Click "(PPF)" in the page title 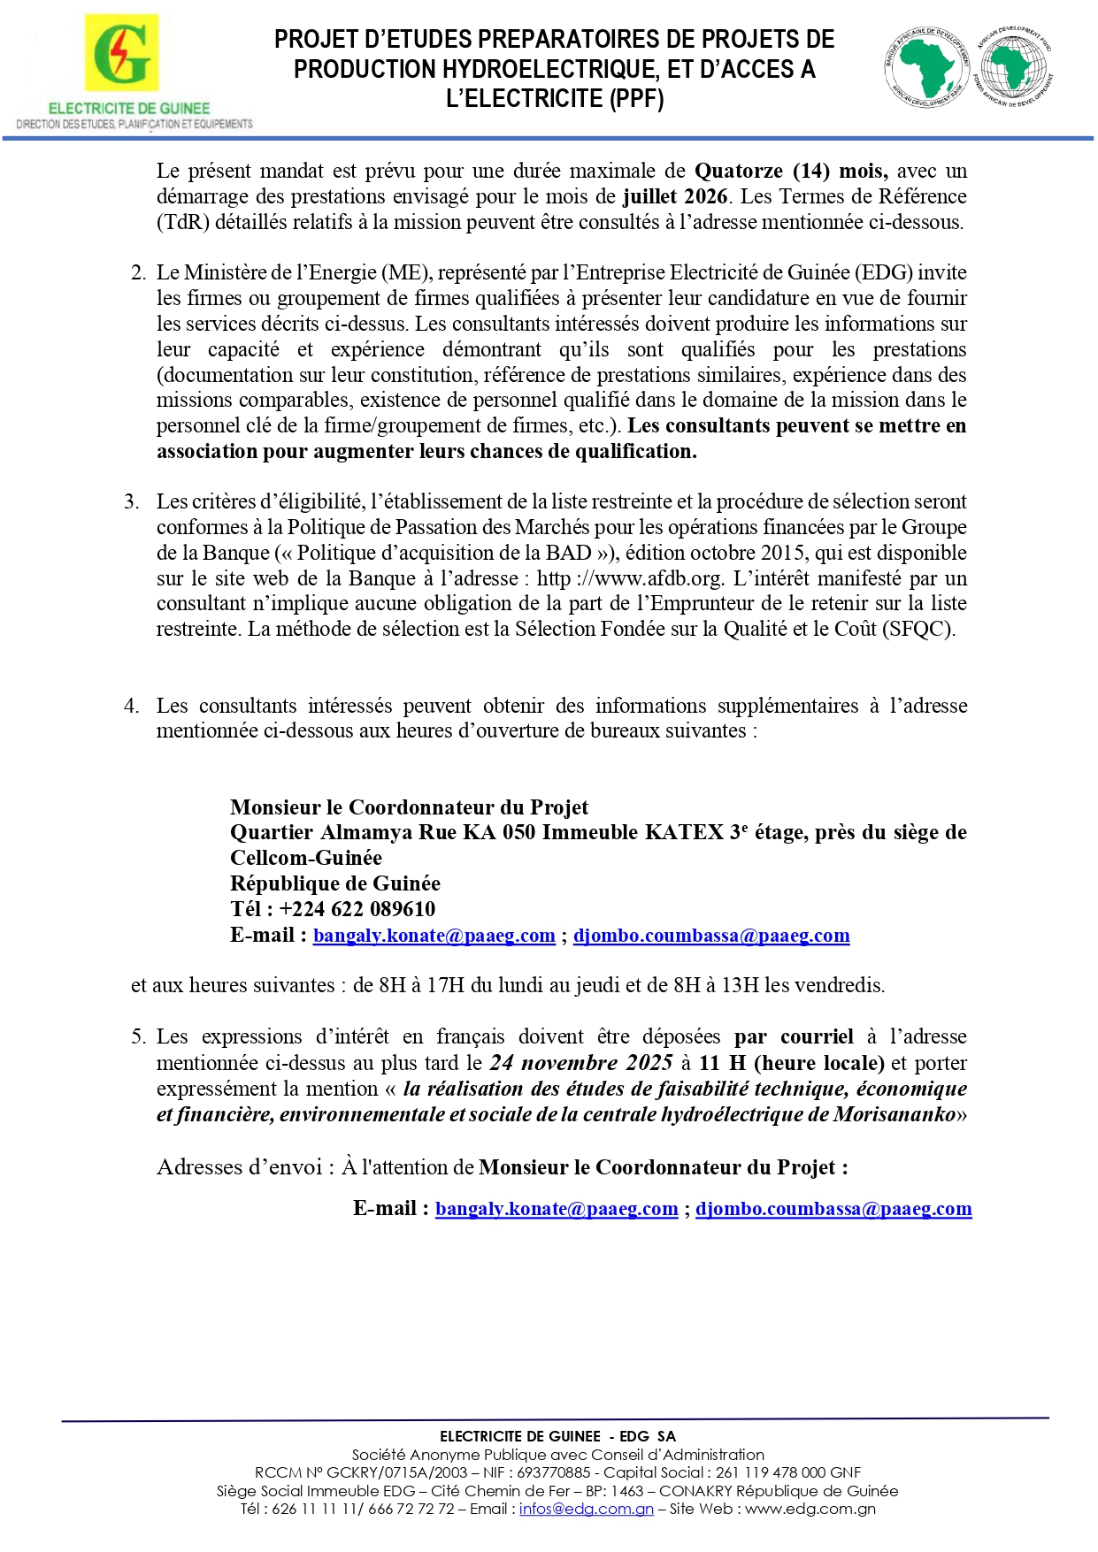pos(636,98)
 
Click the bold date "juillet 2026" pos(675,196)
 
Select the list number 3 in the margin pos(131,501)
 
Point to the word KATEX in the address pos(684,832)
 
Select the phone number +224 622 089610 pos(357,909)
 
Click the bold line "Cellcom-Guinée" pos(306,858)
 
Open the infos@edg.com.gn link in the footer pos(586,1509)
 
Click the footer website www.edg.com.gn pos(810,1509)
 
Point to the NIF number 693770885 pos(553,1472)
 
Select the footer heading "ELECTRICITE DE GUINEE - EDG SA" pos(557,1436)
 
